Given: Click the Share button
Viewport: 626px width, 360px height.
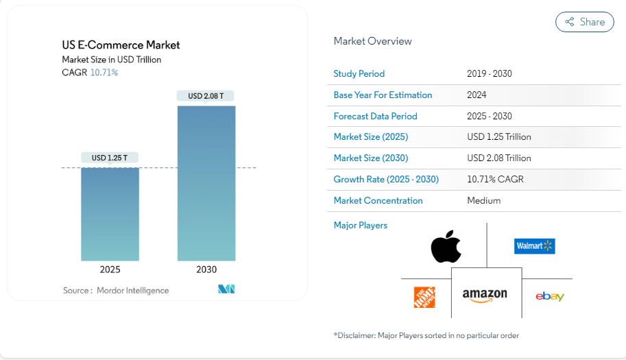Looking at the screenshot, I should click(x=585, y=22).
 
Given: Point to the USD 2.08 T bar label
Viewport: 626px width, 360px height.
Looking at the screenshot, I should click(x=206, y=96).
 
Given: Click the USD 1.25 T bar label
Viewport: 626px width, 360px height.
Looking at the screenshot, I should click(x=110, y=158).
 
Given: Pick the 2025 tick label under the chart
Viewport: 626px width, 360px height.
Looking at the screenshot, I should click(x=110, y=269).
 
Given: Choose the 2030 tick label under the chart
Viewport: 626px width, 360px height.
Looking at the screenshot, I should click(x=206, y=269).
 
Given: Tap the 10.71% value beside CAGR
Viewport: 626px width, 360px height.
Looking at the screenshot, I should click(x=104, y=72).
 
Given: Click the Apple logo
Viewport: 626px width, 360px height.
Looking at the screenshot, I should click(x=446, y=247).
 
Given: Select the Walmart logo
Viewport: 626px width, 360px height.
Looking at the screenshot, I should click(x=534, y=245).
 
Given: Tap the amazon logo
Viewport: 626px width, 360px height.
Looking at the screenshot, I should click(x=485, y=295).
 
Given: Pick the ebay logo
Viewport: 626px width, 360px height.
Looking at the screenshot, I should click(x=550, y=296).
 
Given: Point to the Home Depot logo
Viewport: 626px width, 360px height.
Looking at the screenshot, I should click(x=424, y=297).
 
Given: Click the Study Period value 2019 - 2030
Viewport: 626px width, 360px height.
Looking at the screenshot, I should click(x=490, y=73).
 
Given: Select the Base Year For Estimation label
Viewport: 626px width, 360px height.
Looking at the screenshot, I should click(x=383, y=95).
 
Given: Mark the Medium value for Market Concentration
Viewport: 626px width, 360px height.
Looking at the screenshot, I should click(x=484, y=200).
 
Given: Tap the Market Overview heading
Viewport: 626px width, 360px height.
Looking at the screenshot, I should click(x=372, y=41).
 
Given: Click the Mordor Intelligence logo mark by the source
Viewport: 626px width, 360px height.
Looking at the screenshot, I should click(x=227, y=289).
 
